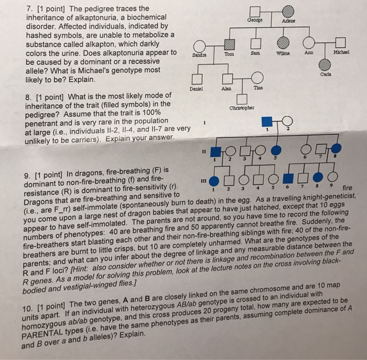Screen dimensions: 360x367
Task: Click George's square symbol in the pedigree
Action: point(255,12)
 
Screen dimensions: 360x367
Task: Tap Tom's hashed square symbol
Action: point(229,43)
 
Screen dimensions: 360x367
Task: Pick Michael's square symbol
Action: point(341,43)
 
